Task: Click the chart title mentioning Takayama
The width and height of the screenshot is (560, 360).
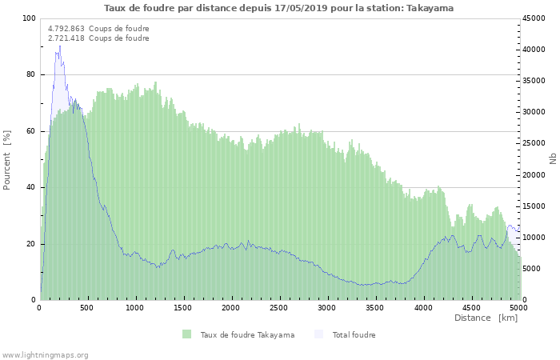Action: pyautogui.click(x=278, y=8)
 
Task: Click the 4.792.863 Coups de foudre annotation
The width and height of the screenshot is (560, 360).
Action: pyautogui.click(x=98, y=29)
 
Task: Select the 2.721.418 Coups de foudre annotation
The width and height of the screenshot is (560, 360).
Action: pyautogui.click(x=98, y=38)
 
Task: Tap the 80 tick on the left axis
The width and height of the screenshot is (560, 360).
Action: pyautogui.click(x=31, y=74)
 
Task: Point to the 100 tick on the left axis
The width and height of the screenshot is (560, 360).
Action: pyautogui.click(x=29, y=18)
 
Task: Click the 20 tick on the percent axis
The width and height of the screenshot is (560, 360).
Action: pyautogui.click(x=31, y=244)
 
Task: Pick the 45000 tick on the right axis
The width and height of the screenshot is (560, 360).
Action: pyautogui.click(x=534, y=18)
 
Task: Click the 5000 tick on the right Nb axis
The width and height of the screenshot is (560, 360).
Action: pyautogui.click(x=532, y=269)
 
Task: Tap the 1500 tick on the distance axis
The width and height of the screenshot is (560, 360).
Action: pyautogui.click(x=183, y=307)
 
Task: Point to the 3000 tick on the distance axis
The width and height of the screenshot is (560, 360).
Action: pyautogui.click(x=326, y=307)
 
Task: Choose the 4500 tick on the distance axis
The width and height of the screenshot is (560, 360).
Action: pyautogui.click(x=470, y=307)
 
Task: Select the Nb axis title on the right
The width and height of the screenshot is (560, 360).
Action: pyautogui.click(x=552, y=159)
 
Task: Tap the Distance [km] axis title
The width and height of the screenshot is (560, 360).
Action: pyautogui.click(x=486, y=318)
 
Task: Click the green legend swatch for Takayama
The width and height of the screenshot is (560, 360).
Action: pyautogui.click(x=186, y=334)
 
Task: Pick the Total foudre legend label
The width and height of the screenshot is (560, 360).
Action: pyautogui.click(x=354, y=334)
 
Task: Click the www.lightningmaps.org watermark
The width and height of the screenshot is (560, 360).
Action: pyautogui.click(x=45, y=354)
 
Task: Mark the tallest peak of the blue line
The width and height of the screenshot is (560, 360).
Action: pyautogui.click(x=59, y=46)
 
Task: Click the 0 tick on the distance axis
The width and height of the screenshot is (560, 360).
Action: pyautogui.click(x=40, y=307)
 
